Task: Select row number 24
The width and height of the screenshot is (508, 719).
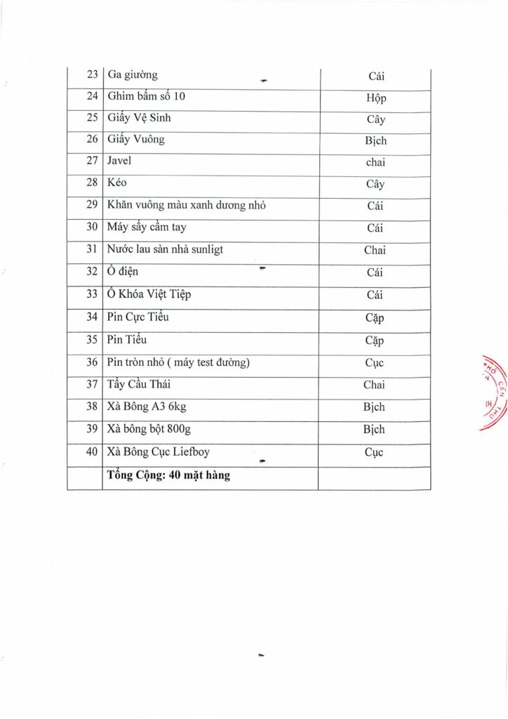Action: pos(92,97)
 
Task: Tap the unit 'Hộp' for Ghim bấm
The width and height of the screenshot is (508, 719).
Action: pos(375,98)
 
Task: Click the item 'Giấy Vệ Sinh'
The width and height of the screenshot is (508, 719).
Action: pos(139,118)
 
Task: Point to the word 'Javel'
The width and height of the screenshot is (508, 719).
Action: pos(119,161)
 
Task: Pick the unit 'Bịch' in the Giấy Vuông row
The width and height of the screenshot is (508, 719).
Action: pos(375,141)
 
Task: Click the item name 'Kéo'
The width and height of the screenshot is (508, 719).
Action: pos(116,183)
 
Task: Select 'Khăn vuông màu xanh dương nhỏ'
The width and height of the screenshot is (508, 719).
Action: pos(186,206)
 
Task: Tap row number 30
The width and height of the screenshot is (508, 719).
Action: pos(92,227)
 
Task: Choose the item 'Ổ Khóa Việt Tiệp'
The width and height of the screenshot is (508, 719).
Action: pos(149,295)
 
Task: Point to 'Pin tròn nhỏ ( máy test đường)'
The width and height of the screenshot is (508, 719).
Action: pos(178,362)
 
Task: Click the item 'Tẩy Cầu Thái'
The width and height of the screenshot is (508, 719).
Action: pos(139,385)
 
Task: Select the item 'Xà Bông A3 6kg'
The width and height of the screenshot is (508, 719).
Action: pos(147,407)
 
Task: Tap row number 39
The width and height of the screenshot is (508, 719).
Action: pos(92,429)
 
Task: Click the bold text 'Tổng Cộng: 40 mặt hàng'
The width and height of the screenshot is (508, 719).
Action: pos(168,475)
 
